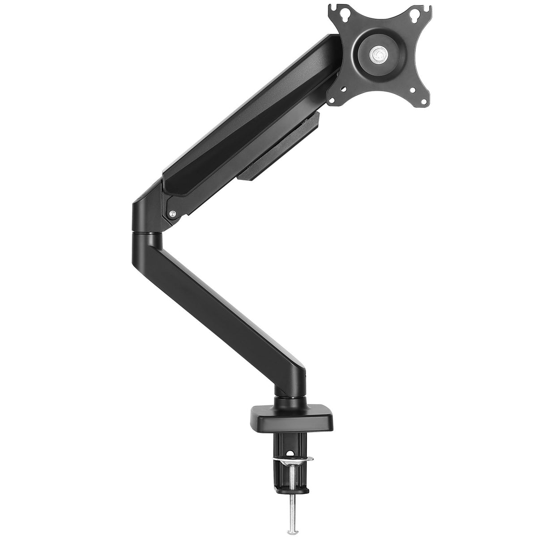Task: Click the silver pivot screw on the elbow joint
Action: click(x=171, y=214)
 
